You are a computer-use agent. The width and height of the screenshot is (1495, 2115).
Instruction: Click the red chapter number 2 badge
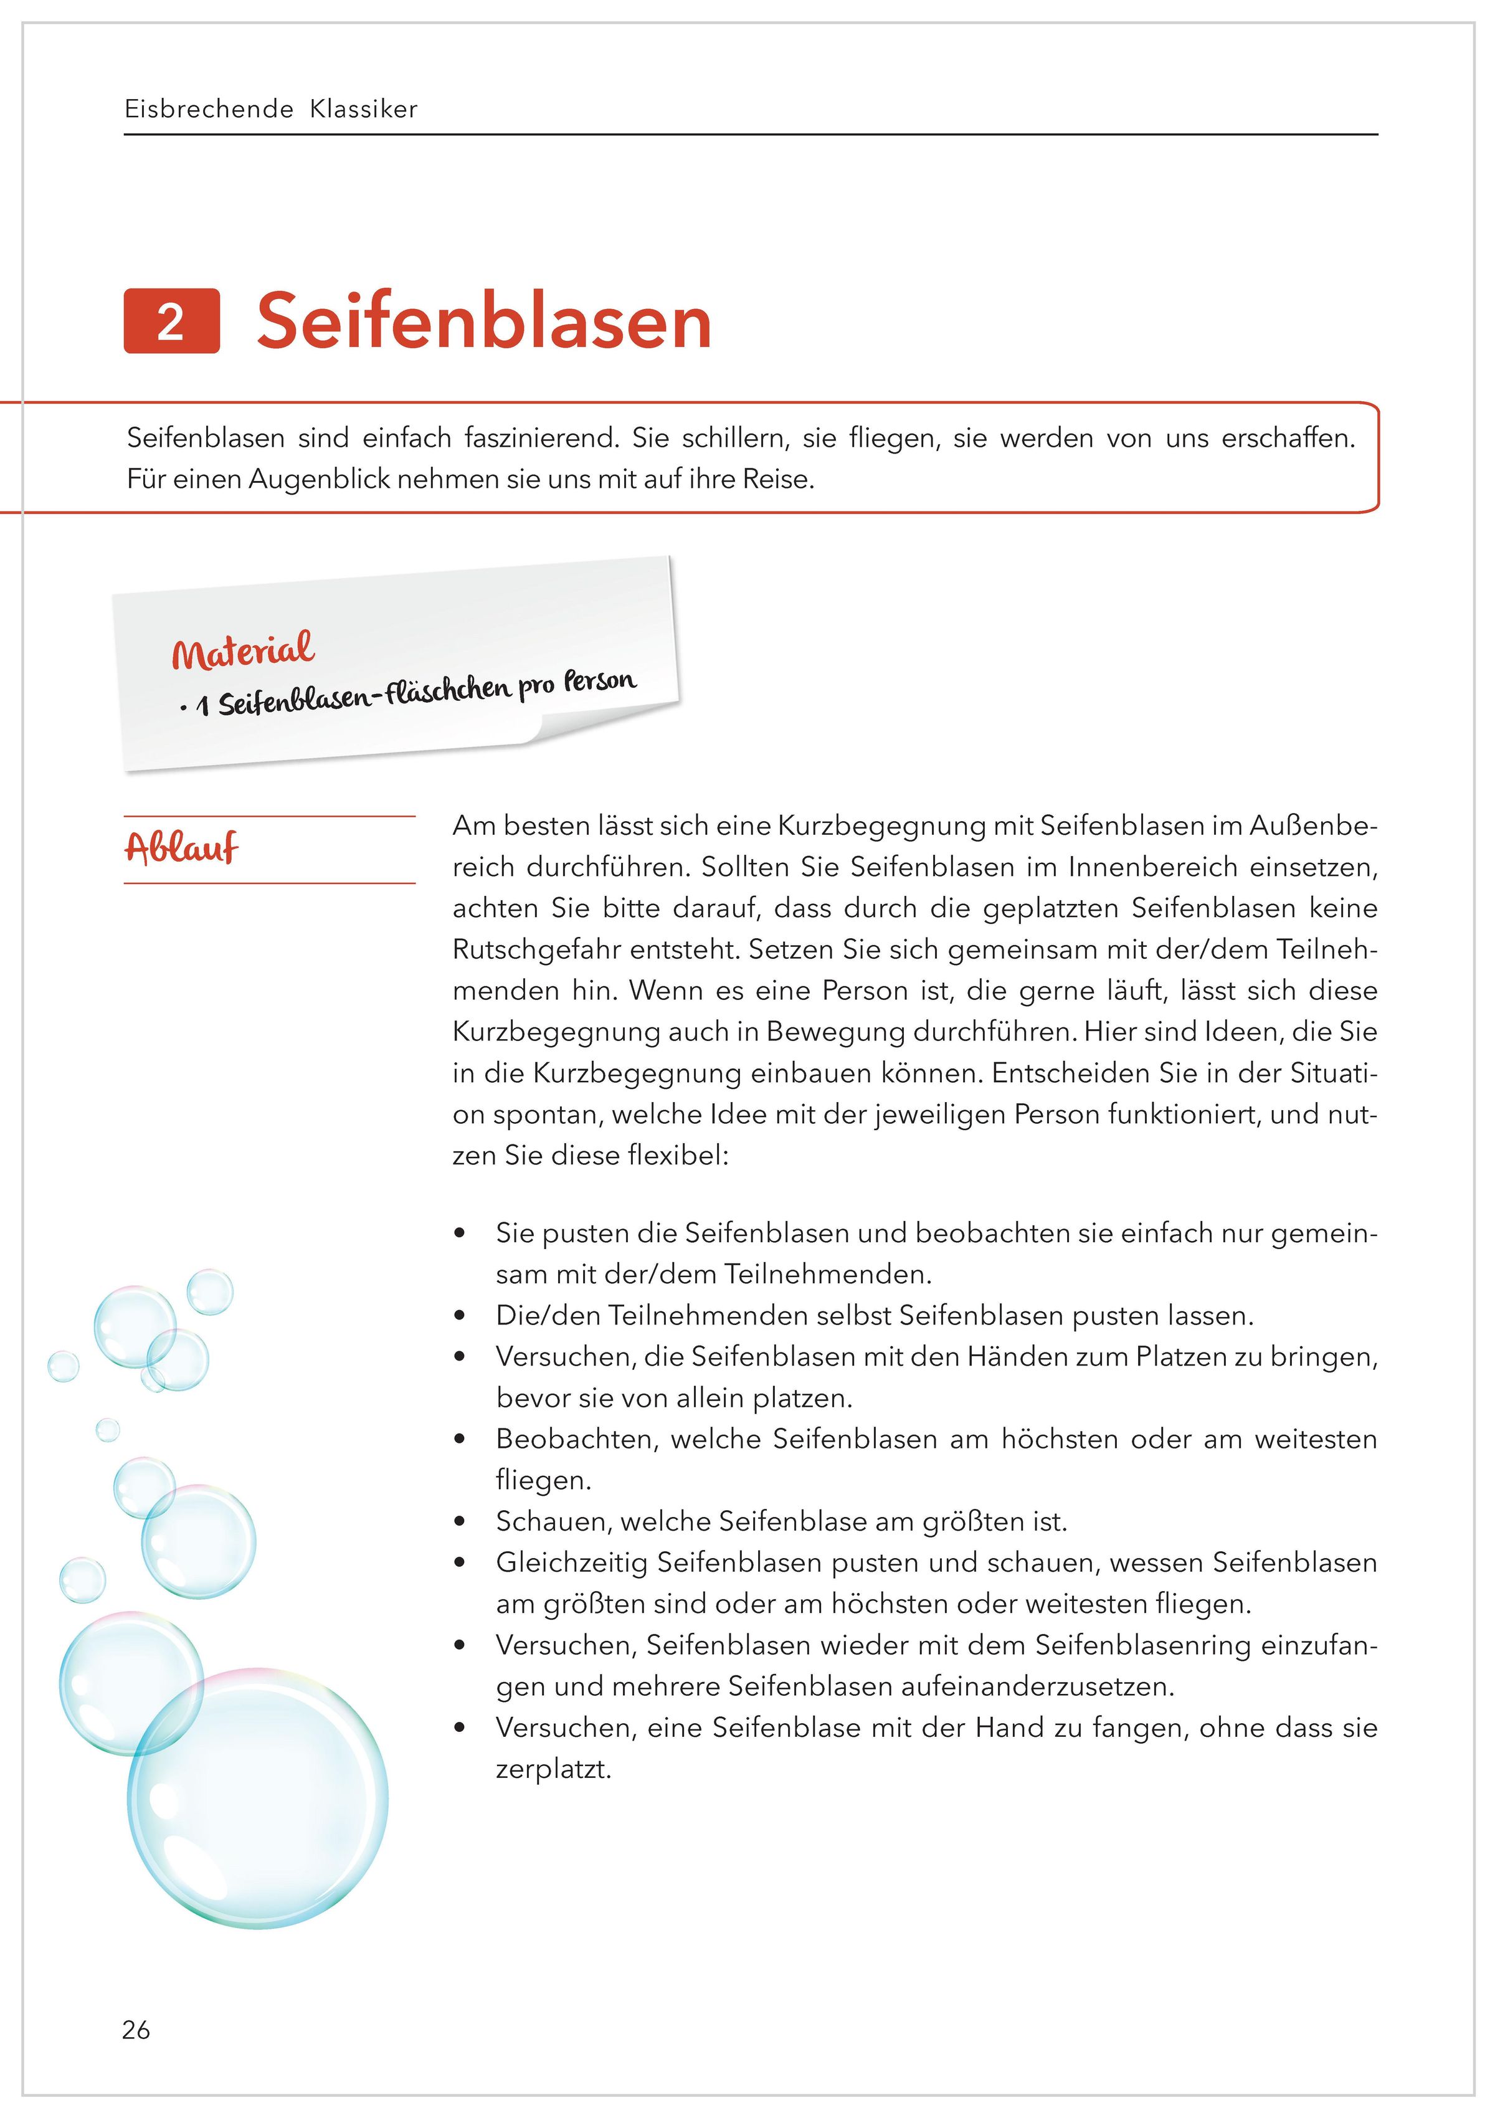click(171, 321)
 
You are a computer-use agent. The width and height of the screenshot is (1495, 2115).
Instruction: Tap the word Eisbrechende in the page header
click(208, 110)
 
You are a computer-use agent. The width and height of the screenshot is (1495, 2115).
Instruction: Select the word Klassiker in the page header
click(364, 110)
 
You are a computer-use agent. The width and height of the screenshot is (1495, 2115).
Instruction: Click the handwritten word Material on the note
click(243, 651)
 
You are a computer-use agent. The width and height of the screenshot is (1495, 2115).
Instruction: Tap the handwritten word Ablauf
click(181, 847)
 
